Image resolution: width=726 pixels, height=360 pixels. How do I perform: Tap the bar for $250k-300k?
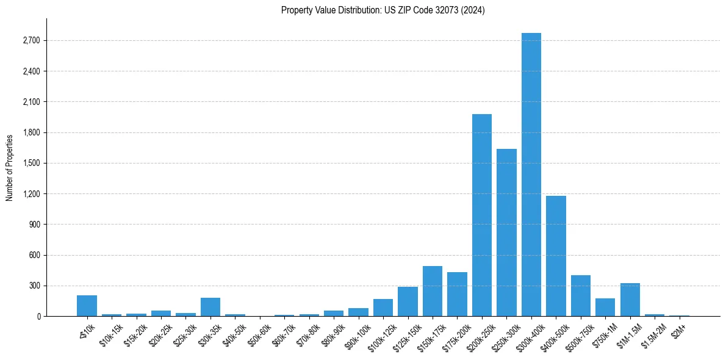pyautogui.click(x=506, y=232)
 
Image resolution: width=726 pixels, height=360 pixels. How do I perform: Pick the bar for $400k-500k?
pyautogui.click(x=556, y=256)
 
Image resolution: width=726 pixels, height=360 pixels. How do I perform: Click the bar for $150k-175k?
pyautogui.click(x=433, y=291)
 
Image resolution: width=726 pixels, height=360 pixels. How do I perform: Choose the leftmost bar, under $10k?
pyautogui.click(x=87, y=306)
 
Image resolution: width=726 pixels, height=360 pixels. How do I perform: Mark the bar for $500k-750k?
pyautogui.click(x=581, y=296)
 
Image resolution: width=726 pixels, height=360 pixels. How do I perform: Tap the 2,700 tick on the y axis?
pyautogui.click(x=31, y=41)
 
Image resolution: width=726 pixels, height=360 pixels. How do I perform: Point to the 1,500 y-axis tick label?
pyautogui.click(x=31, y=164)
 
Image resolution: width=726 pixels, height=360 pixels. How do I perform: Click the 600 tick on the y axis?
pyautogui.click(x=34, y=255)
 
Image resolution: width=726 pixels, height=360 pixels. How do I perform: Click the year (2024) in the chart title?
pyautogui.click(x=474, y=10)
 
